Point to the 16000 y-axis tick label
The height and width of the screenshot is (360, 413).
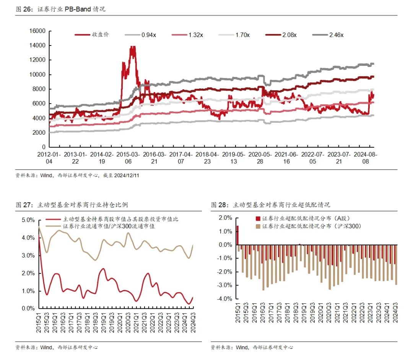38,31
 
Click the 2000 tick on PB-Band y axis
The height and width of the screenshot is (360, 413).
39,133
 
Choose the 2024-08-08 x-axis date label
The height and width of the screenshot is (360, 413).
365,158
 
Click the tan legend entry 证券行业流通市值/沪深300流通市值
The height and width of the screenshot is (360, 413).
111,226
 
